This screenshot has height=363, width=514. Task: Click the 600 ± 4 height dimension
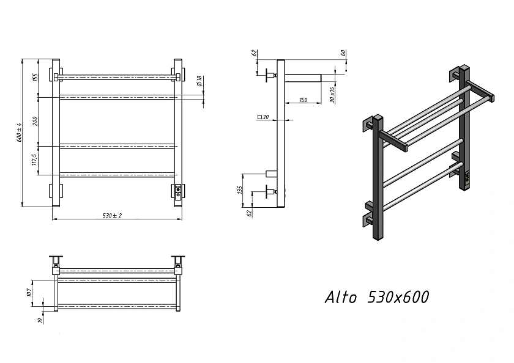20,132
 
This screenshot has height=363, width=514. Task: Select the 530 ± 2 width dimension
112,215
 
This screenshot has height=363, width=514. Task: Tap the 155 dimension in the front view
35,78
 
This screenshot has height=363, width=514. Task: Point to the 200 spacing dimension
35,121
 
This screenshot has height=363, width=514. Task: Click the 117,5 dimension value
35,160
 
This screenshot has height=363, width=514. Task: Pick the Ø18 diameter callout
199,81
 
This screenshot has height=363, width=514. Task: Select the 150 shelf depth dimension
304,100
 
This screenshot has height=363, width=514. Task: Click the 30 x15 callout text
332,95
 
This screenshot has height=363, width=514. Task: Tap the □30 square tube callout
263,117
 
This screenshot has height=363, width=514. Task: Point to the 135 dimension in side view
240,190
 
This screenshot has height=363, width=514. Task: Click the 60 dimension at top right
343,53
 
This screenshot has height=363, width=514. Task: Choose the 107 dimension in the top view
29,292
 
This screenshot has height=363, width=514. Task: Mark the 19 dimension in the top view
40,320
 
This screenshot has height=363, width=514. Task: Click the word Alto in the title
341,297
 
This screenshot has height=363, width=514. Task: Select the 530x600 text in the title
398,297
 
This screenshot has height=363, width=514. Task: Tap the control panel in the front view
178,191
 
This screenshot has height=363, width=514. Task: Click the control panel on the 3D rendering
467,178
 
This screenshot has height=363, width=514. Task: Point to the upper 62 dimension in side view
255,53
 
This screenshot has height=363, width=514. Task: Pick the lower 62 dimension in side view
249,213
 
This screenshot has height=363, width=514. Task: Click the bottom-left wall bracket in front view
55,191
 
